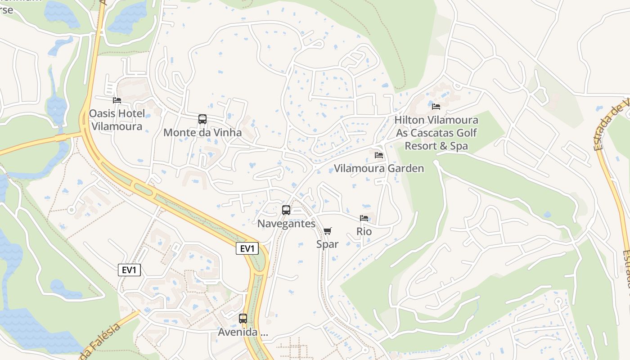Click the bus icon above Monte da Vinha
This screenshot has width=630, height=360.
pyautogui.click(x=202, y=119)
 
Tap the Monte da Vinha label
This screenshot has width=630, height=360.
pyautogui.click(x=202, y=132)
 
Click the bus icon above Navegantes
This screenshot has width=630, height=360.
pyautogui.click(x=286, y=210)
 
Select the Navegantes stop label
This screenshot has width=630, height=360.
pyautogui.click(x=286, y=223)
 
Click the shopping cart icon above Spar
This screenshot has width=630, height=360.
pyautogui.click(x=328, y=231)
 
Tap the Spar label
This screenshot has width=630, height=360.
pyautogui.click(x=327, y=244)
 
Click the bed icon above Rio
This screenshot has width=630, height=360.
pyautogui.click(x=364, y=218)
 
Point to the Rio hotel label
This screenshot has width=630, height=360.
pyautogui.click(x=364, y=231)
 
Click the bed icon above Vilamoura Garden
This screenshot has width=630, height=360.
pyautogui.click(x=379, y=155)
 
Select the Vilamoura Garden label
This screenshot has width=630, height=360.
pyautogui.click(x=379, y=168)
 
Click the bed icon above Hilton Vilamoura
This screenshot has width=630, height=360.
pyautogui.click(x=436, y=107)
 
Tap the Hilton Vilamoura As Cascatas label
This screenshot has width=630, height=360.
pyautogui.click(x=436, y=133)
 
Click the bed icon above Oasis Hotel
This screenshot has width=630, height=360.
pyautogui.click(x=117, y=100)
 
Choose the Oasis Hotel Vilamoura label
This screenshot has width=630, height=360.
pyautogui.click(x=117, y=120)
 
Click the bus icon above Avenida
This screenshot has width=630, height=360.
pyautogui.click(x=243, y=319)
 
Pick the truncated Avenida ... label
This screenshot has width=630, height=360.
pyautogui.click(x=243, y=332)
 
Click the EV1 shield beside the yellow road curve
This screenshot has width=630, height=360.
pyautogui.click(x=247, y=248)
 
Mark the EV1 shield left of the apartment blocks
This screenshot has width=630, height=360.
pyautogui.click(x=129, y=270)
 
